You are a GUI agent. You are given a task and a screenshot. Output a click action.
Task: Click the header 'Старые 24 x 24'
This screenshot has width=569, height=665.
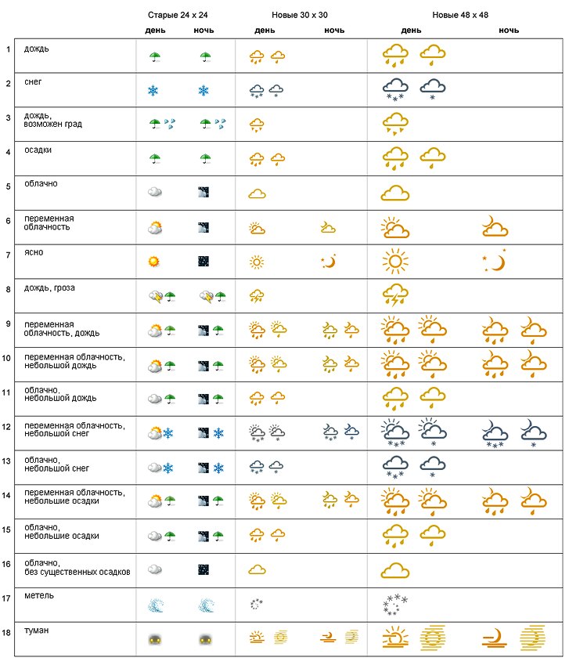180,15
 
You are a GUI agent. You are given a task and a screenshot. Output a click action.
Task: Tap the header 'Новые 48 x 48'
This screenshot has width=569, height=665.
461,15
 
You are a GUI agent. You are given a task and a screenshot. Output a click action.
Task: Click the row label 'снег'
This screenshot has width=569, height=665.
33,81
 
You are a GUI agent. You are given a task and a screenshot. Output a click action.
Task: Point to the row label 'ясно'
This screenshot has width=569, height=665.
33,253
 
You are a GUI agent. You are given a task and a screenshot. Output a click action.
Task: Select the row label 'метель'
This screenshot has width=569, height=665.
38,595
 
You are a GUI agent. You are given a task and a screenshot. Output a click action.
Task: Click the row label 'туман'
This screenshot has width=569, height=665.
35,630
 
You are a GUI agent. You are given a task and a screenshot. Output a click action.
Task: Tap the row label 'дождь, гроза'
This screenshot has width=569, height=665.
49,287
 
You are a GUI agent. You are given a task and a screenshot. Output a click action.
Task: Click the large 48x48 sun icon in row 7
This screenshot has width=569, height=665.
395,262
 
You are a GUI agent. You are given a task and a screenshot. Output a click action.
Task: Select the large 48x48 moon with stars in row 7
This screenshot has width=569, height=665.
495,261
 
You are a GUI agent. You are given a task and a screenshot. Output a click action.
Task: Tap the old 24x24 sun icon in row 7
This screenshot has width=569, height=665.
154,262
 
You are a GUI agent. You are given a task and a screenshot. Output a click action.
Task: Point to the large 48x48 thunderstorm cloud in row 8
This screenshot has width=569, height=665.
395,296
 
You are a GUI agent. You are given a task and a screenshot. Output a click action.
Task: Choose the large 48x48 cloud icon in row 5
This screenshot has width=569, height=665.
395,193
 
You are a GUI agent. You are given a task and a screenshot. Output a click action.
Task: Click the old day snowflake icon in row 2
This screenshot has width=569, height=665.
153,91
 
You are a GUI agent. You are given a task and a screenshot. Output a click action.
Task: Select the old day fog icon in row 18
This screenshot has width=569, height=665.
154,639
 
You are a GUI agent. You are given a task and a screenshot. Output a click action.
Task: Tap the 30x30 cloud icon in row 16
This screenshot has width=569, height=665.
257,569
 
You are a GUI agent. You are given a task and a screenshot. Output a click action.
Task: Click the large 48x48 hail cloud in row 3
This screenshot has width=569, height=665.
395,124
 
